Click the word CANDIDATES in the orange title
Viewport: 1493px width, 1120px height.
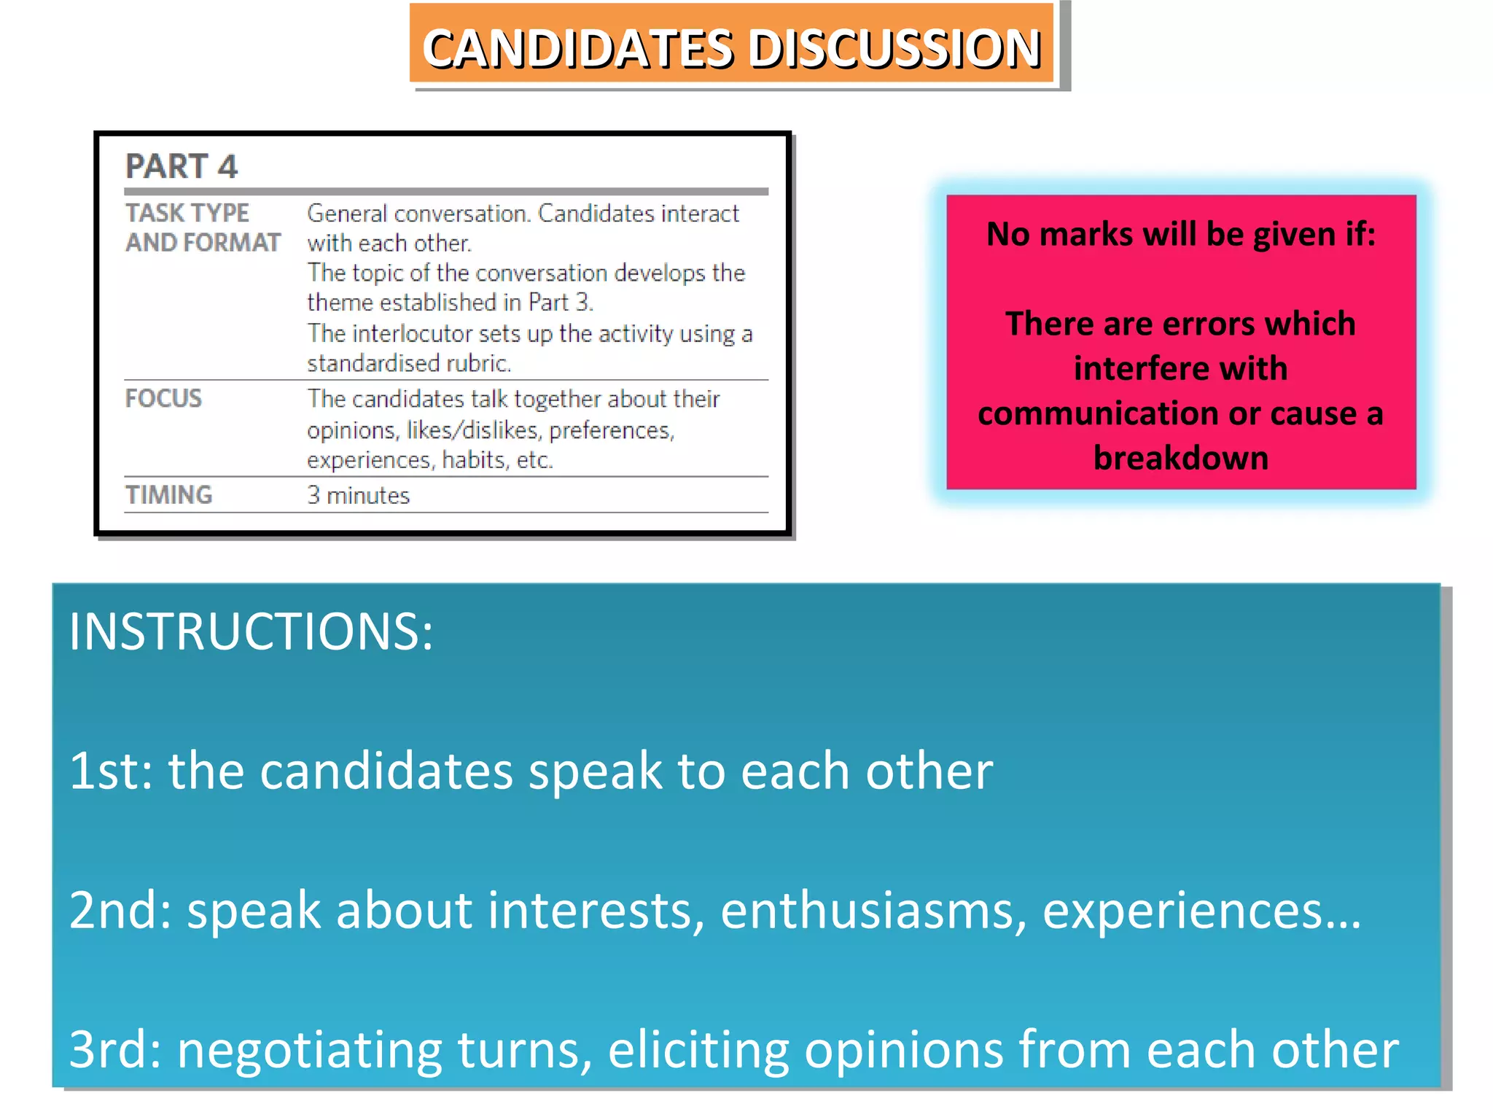pos(577,49)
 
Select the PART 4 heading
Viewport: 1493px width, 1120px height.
pos(182,166)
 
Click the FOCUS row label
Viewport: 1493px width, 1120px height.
pos(163,398)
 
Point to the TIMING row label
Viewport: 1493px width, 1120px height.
pos(168,495)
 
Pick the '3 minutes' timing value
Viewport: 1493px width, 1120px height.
pos(358,496)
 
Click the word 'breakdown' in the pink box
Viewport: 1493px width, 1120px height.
pos(1181,458)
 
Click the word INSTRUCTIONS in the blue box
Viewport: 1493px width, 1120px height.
pos(251,631)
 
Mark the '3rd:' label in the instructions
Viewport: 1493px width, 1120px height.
pos(115,1049)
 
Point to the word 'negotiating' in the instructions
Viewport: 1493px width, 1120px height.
pos(309,1050)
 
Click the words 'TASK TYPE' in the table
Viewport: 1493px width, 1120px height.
pos(187,213)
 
